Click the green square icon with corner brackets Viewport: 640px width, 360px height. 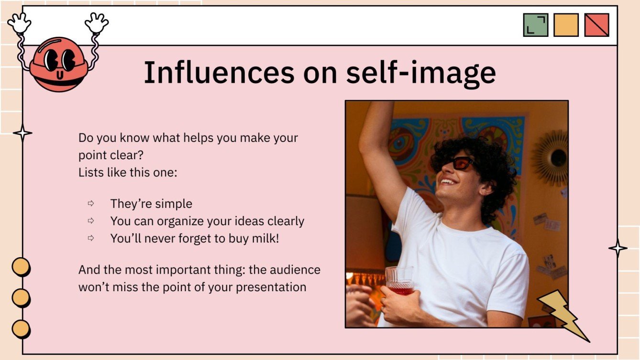click(x=535, y=25)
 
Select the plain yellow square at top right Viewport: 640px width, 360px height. click(x=566, y=25)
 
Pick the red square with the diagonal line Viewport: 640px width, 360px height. click(x=596, y=25)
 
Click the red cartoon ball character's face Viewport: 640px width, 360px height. click(x=58, y=65)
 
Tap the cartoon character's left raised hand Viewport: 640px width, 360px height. click(x=19, y=22)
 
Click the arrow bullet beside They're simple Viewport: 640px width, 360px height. click(x=91, y=204)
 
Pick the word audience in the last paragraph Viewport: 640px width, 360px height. click(x=294, y=270)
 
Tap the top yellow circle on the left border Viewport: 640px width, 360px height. click(x=21, y=267)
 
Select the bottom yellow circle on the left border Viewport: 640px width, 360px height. click(x=21, y=329)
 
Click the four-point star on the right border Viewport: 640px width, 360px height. click(x=618, y=249)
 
